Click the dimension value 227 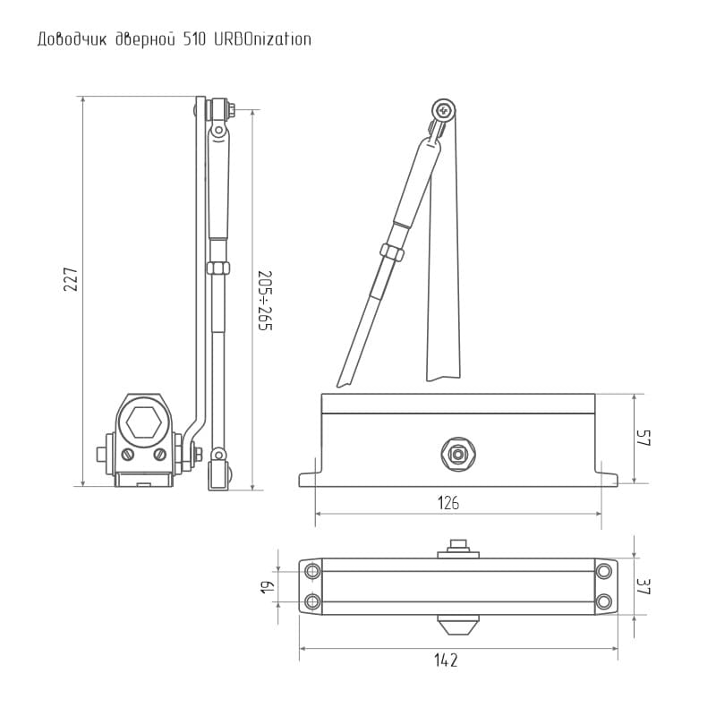point(72,279)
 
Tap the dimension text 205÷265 point(265,301)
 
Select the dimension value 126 point(448,503)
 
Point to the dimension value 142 point(446,661)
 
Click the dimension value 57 point(644,438)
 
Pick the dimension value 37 point(644,587)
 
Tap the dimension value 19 point(267,587)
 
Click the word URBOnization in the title point(262,39)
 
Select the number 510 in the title point(194,39)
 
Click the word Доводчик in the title point(72,39)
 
